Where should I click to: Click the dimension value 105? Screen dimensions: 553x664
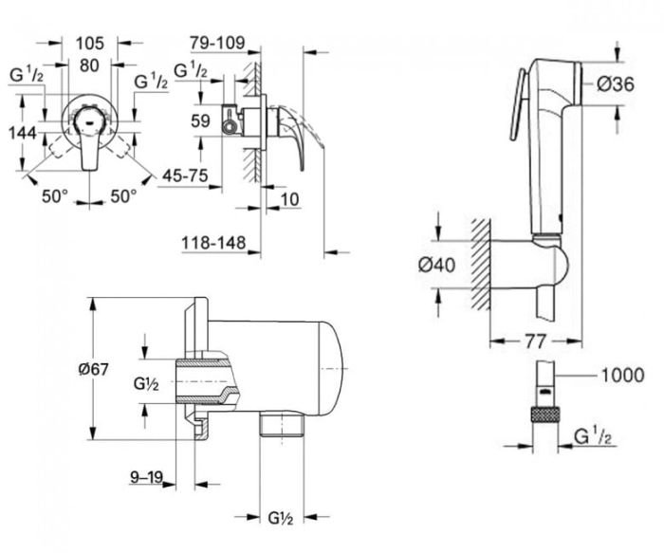(x=89, y=45)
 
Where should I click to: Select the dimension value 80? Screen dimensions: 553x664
(x=89, y=65)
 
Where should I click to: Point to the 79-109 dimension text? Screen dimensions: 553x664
(x=216, y=43)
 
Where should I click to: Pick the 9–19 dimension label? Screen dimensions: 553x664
(x=147, y=477)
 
